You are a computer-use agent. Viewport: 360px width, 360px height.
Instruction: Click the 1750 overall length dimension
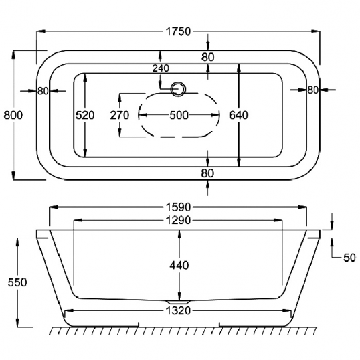(x=178, y=31)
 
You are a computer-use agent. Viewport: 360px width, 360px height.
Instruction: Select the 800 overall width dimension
(x=13, y=115)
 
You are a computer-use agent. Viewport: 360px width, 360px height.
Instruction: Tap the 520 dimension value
(x=85, y=115)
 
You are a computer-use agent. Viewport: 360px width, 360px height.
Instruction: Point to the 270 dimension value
(x=119, y=115)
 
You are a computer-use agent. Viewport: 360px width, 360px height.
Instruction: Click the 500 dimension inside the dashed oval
(x=179, y=115)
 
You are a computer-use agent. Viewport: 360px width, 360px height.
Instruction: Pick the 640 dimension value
(x=238, y=115)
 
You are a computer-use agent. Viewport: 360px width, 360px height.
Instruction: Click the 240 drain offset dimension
(x=161, y=68)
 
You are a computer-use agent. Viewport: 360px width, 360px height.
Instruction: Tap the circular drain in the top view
(x=178, y=89)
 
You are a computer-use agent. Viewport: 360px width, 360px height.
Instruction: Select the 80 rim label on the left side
(x=43, y=91)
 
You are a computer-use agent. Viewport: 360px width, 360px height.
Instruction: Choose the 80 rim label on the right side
(x=312, y=90)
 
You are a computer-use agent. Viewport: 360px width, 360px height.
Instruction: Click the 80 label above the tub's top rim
(x=208, y=57)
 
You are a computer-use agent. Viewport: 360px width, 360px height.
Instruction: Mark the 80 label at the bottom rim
(x=207, y=173)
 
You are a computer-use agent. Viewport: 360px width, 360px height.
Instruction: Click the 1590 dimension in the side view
(x=178, y=207)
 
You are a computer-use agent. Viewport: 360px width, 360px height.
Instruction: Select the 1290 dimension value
(x=178, y=220)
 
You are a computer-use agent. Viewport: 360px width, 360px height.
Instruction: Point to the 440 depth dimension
(x=179, y=266)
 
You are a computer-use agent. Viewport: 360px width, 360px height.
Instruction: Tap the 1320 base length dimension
(x=178, y=311)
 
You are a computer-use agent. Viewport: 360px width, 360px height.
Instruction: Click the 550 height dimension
(x=17, y=282)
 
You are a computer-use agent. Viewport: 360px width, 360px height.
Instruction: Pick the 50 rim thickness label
(x=349, y=258)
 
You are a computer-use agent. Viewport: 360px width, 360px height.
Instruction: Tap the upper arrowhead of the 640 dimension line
(x=239, y=68)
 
